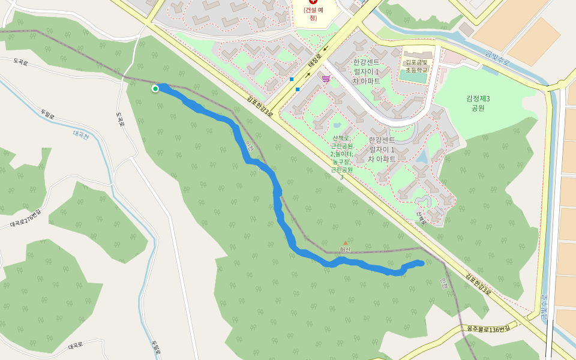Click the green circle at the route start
click(x=155, y=89)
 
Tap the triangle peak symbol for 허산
click(x=345, y=242)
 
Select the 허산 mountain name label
click(x=344, y=250)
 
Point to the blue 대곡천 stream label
click(x=80, y=136)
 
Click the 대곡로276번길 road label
click(x=26, y=218)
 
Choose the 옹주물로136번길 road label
click(x=488, y=329)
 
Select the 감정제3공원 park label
click(x=478, y=103)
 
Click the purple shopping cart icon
click(x=326, y=79)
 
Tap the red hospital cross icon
click(x=313, y=2)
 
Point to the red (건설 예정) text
click(x=313, y=14)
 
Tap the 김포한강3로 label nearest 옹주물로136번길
click(x=478, y=285)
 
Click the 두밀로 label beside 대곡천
click(x=47, y=113)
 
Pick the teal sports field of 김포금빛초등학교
click(x=415, y=77)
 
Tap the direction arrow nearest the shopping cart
click(x=308, y=75)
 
